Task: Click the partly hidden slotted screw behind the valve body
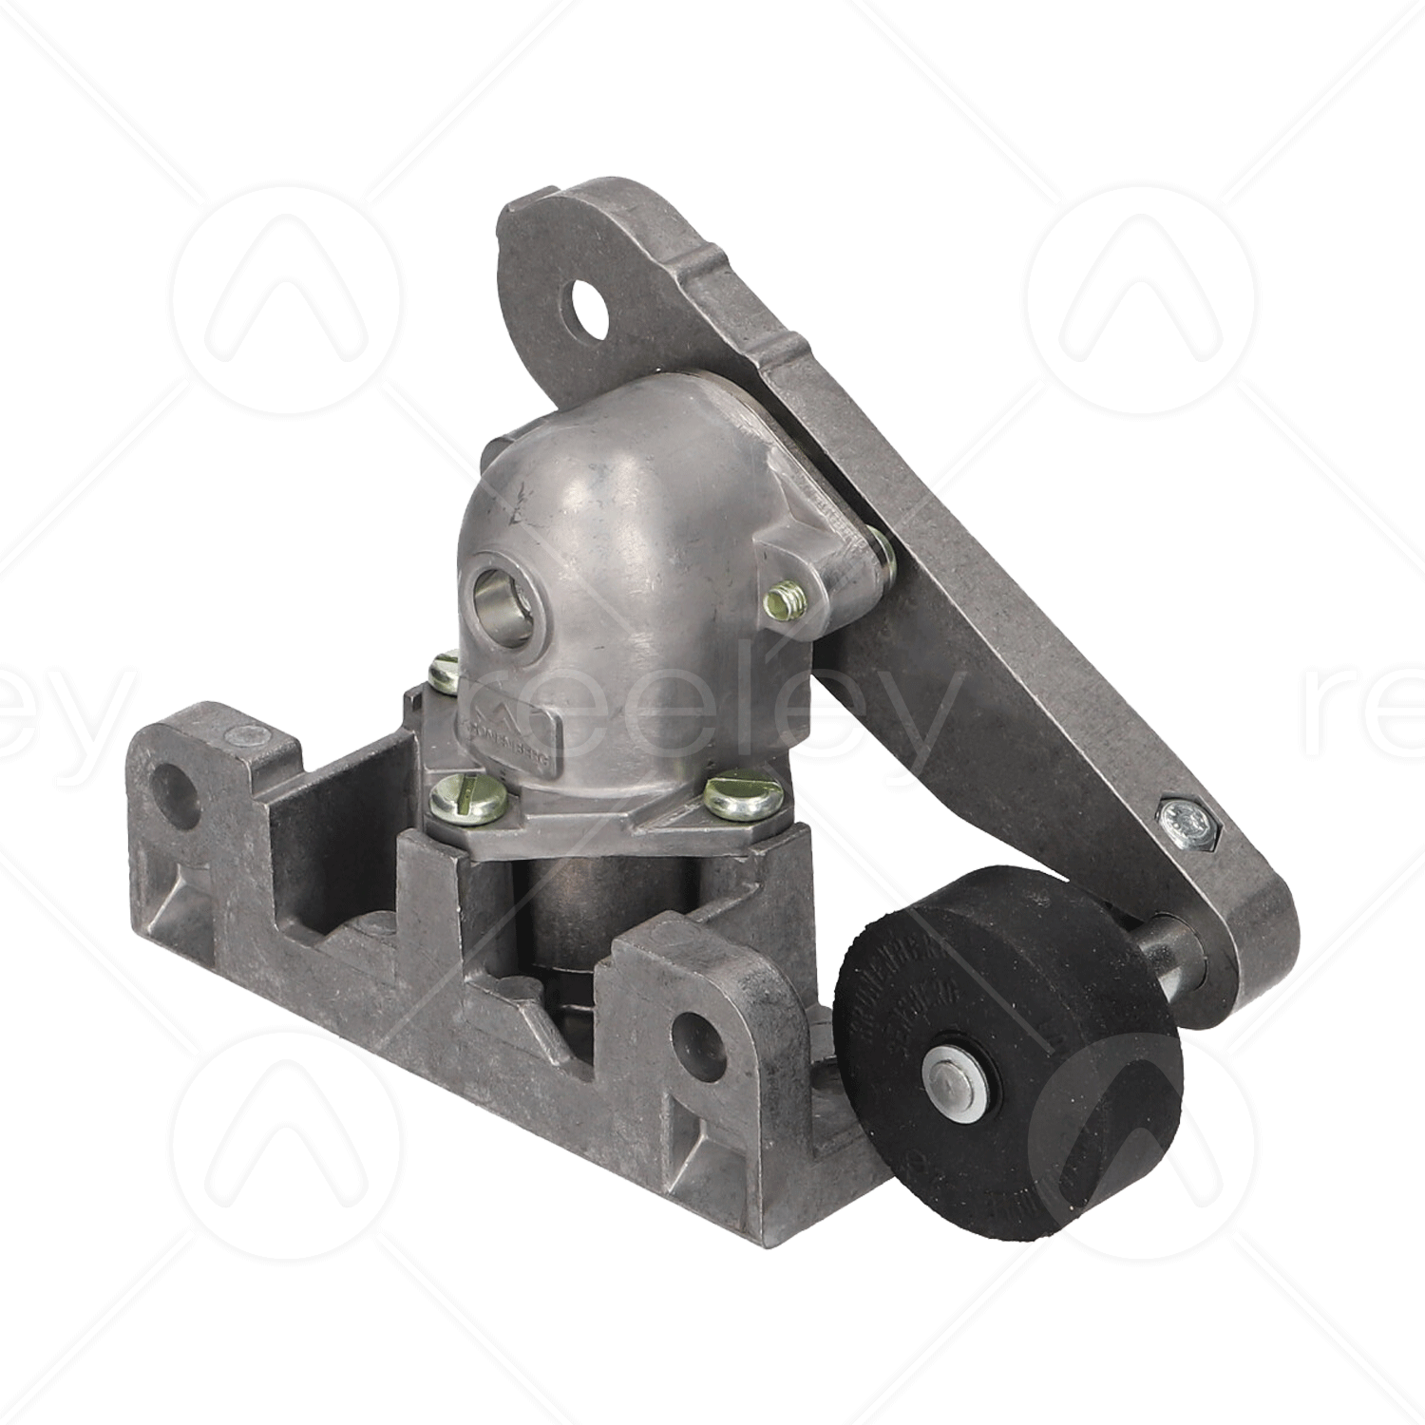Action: coord(444,674)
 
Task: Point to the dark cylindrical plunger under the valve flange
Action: coord(570,912)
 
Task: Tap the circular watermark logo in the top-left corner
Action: coord(285,300)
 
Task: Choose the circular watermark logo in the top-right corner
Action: coord(1140,300)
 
